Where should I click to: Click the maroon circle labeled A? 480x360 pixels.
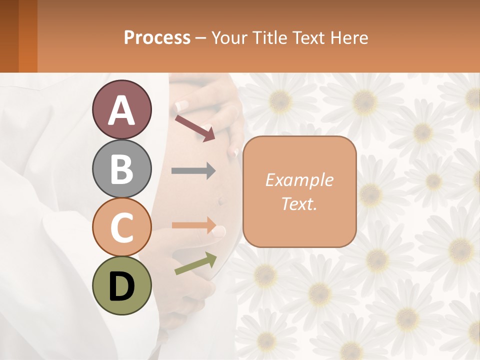[122, 109]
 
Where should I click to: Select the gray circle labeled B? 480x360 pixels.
[122, 168]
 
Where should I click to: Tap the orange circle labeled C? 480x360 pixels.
[122, 227]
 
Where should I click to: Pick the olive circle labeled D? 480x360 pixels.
[122, 286]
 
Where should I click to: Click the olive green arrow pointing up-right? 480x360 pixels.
[195, 263]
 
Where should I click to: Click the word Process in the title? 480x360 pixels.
[157, 38]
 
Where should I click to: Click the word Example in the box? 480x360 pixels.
[299, 180]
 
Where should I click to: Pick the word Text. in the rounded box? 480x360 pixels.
[299, 204]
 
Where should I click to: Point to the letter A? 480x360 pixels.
[122, 110]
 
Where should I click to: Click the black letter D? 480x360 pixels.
[122, 286]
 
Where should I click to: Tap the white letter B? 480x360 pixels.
[122, 169]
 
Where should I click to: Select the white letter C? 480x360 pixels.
[122, 228]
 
